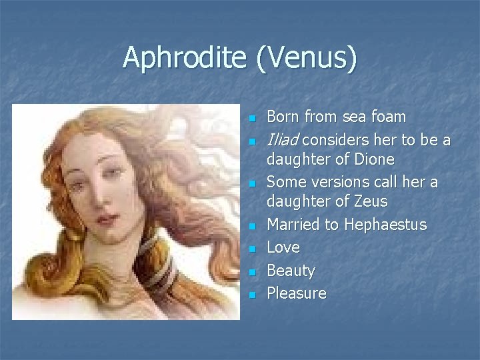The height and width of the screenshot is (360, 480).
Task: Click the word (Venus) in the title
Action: tap(305, 58)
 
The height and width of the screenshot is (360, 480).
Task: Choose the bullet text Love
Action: tap(283, 247)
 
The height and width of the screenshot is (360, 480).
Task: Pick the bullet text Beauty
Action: tap(291, 271)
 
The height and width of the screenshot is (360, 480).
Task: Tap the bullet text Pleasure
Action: tap(297, 293)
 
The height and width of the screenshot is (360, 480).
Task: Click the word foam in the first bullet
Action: tap(389, 117)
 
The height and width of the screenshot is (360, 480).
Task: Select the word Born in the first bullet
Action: tap(283, 117)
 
